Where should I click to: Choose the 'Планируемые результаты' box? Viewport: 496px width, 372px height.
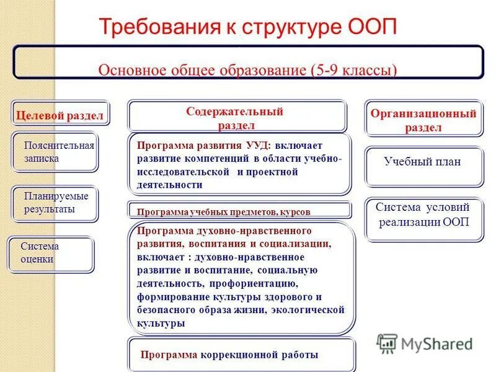pyautogui.click(x=55, y=203)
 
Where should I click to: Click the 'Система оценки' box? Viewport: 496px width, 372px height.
pyautogui.click(x=51, y=254)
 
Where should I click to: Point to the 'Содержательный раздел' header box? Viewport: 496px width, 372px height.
pyautogui.click(x=236, y=118)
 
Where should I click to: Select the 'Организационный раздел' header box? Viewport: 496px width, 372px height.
pyautogui.click(x=423, y=120)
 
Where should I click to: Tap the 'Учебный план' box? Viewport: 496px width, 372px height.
pyautogui.click(x=423, y=162)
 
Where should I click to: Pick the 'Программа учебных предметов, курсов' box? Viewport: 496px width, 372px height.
pyautogui.click(x=239, y=211)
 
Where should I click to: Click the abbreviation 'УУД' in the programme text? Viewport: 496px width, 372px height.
pyautogui.click(x=257, y=146)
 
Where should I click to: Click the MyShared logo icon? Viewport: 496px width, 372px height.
pyautogui.click(x=387, y=343)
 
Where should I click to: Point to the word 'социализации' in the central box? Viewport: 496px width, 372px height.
pyautogui.click(x=299, y=244)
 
